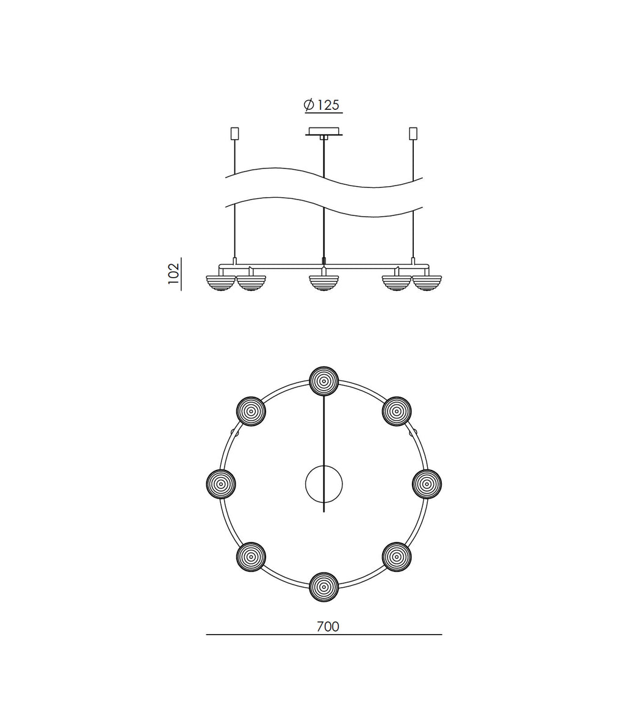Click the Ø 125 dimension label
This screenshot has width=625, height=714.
[x=322, y=105]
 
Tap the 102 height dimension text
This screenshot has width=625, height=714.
[x=174, y=273]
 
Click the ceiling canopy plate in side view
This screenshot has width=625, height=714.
[x=323, y=132]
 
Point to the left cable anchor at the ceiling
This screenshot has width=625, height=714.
[x=234, y=134]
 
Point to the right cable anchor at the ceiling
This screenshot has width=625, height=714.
[x=413, y=134]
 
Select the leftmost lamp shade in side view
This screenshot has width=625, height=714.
[x=220, y=283]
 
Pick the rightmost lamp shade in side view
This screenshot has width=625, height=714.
[x=427, y=283]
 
